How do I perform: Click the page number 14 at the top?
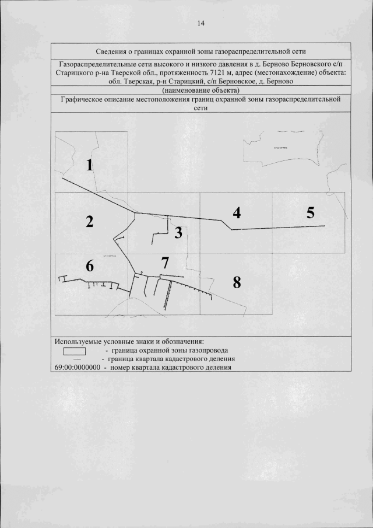point(201,23)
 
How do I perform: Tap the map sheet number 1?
point(89,165)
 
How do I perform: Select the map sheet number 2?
point(89,222)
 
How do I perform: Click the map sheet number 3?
point(178,233)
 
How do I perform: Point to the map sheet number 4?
point(236,213)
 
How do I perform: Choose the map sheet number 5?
point(311,212)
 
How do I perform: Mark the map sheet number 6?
point(89,266)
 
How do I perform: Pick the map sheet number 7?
point(165,263)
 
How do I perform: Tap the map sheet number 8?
point(236,283)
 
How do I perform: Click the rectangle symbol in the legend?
point(74,351)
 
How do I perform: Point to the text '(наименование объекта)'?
point(200,90)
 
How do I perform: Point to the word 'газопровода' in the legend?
point(208,351)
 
